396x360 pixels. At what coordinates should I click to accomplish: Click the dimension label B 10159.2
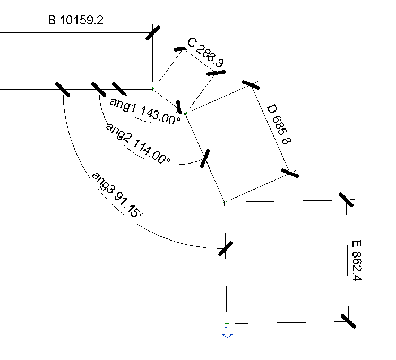click(x=75, y=21)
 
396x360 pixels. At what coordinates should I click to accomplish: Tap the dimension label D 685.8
click(x=279, y=124)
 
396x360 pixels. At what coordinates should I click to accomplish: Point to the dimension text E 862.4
click(x=357, y=261)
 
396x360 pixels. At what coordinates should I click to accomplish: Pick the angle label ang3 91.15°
click(x=117, y=194)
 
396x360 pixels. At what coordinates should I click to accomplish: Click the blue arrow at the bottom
click(x=227, y=332)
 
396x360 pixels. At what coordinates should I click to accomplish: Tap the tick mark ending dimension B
click(x=152, y=32)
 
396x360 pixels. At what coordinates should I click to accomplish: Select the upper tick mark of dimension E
click(x=346, y=200)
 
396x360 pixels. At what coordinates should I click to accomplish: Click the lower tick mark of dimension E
click(x=349, y=321)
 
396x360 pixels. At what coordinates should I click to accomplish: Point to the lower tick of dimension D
click(x=290, y=173)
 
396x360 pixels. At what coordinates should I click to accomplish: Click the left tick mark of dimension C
click(x=180, y=49)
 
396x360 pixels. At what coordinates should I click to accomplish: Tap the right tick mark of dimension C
click(x=216, y=73)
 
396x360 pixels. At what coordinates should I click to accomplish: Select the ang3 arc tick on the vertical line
click(x=226, y=248)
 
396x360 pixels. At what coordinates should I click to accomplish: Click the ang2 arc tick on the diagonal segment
click(x=205, y=158)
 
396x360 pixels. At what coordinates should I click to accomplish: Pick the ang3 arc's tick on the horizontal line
click(x=63, y=89)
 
